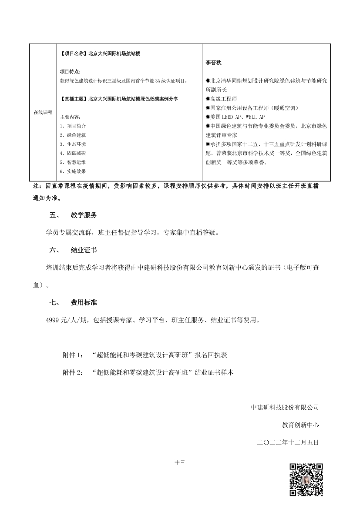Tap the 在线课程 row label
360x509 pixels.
pyautogui.click(x=43, y=112)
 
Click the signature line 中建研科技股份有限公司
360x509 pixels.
pyautogui.click(x=285, y=408)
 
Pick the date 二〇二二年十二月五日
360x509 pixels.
pyautogui.click(x=288, y=442)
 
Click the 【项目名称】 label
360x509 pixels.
pyautogui.click(x=72, y=54)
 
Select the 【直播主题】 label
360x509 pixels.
pyautogui.click(x=72, y=99)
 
